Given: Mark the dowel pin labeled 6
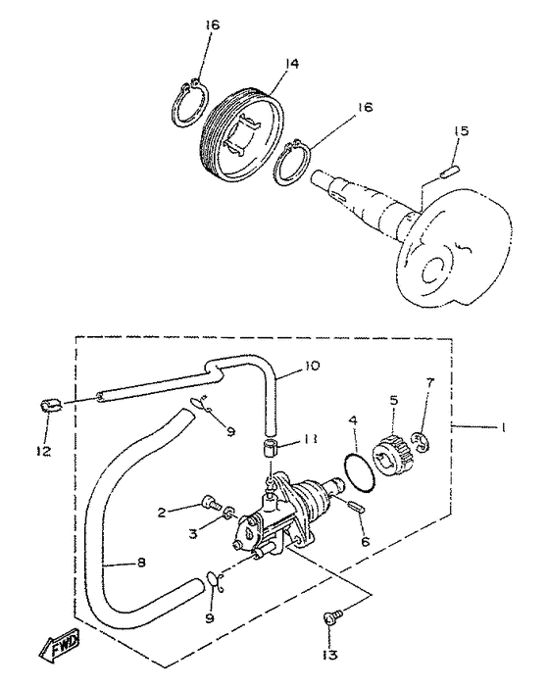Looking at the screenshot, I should tap(358, 507).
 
